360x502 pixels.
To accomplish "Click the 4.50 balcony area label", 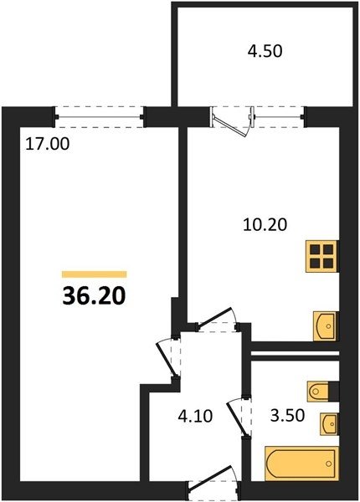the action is tap(265, 51).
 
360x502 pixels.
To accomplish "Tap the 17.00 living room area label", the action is tap(48, 144).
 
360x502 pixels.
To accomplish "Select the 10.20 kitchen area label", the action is tap(265, 224).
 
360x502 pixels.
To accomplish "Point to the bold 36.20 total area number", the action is tap(94, 296).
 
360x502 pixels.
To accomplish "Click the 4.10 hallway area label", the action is tap(195, 417).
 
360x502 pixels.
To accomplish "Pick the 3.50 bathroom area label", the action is tap(287, 416).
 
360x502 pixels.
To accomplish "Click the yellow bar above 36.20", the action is tap(94, 274).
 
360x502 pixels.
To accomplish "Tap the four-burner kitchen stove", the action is tap(321, 257).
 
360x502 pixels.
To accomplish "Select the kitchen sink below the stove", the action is tap(326, 326).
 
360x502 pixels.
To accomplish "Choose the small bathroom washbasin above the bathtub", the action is tap(329, 423).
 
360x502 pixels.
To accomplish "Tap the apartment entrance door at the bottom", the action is tap(212, 483).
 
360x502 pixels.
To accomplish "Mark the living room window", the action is tap(100, 117).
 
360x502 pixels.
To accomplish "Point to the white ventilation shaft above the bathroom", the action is tap(295, 354).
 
